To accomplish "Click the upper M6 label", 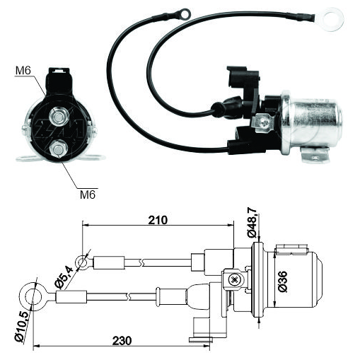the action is pos(23,71).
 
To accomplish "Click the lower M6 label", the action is pos(88,194).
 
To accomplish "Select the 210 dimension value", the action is pos(158,220).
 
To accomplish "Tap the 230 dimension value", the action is pos(122,341).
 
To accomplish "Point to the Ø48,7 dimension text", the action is pos(252,223).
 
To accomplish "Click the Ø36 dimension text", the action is pos(283,281).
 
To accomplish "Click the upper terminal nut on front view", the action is pos(59,117).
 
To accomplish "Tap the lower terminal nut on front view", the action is pos(58,149).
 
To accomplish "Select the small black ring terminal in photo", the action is pos(183,13).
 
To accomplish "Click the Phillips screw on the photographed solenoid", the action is pos(266,122).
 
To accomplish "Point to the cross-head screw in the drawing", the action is pos(234,280).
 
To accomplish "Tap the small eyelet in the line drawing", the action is pos(82,262).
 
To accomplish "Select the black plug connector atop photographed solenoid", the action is pos(243,77).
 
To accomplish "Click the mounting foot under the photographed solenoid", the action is pos(314,155).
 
